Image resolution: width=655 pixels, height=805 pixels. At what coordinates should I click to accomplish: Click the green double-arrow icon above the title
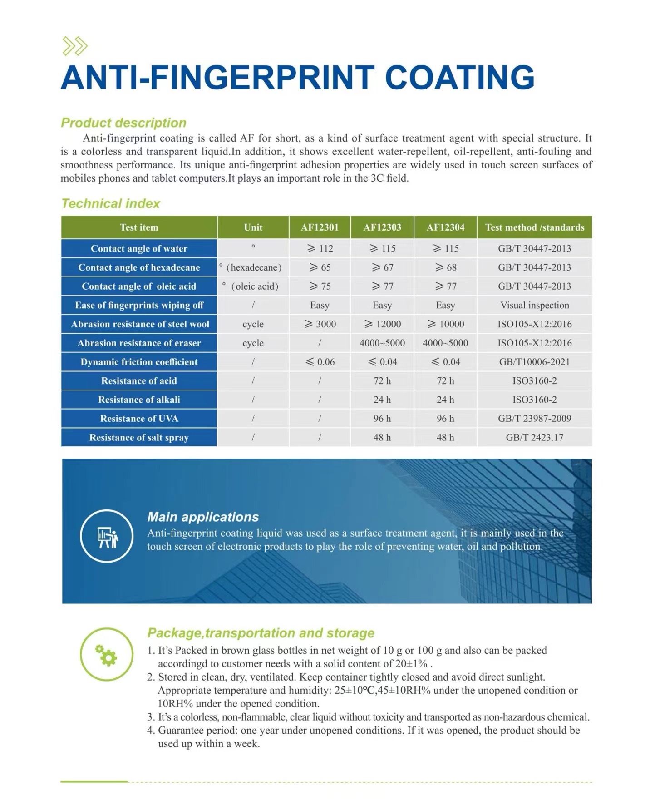point(75,46)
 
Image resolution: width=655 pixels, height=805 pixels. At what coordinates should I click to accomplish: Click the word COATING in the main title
point(460,78)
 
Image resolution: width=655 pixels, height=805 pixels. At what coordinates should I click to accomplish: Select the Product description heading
point(123,123)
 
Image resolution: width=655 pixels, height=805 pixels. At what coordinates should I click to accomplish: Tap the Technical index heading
point(111,203)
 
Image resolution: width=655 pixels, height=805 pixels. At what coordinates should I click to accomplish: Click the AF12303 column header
point(382,227)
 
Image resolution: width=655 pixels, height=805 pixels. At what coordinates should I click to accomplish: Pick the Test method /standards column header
point(534,227)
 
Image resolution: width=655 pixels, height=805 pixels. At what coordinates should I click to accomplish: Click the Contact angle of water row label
point(139,248)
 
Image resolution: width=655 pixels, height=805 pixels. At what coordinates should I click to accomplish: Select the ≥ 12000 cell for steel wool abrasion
point(382,324)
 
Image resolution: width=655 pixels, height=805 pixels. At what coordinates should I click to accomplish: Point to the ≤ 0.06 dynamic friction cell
point(320,362)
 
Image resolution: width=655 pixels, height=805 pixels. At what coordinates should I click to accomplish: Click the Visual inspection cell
point(534,305)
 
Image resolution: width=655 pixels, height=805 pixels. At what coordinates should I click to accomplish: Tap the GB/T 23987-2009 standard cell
point(534,419)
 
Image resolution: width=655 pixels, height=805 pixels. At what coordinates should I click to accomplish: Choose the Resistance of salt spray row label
point(139,438)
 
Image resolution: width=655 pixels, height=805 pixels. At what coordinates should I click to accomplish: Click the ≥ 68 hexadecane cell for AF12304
point(445,267)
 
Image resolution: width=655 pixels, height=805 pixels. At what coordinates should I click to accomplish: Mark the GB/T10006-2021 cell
point(534,362)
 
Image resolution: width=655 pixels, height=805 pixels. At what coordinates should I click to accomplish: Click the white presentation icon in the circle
point(107,537)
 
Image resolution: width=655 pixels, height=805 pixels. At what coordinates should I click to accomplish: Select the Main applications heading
point(203,517)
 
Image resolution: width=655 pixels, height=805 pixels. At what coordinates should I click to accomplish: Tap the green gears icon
point(107,655)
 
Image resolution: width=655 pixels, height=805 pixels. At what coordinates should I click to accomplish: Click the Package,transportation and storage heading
point(261,633)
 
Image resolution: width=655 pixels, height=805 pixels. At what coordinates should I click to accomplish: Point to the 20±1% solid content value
point(411,664)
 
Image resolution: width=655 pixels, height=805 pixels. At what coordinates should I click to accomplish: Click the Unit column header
point(253,227)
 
